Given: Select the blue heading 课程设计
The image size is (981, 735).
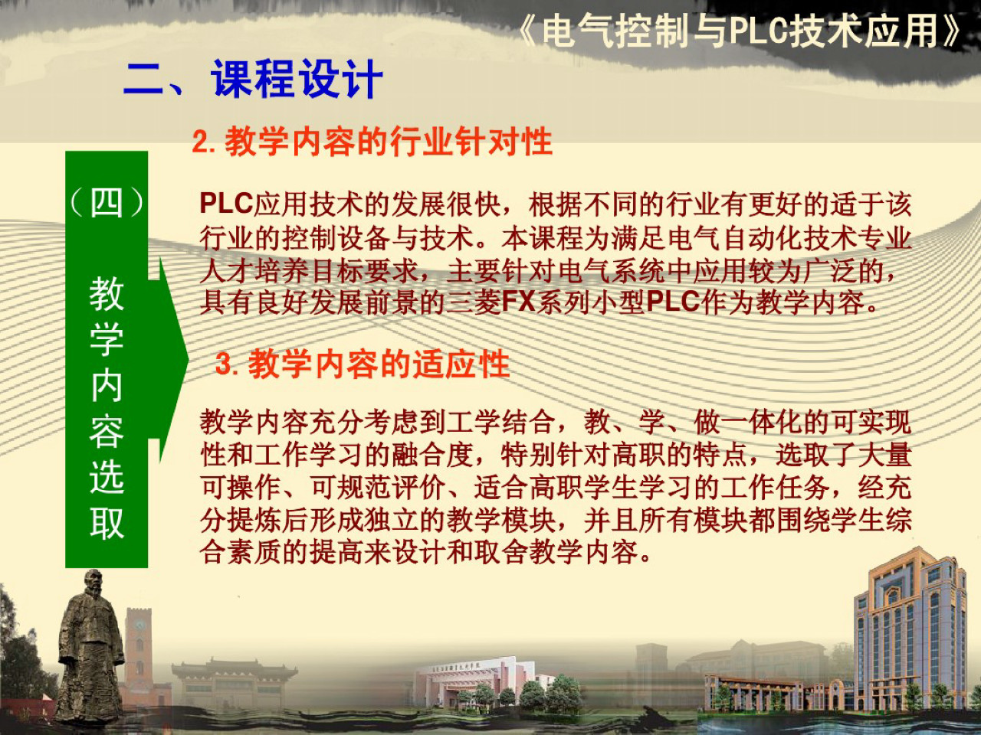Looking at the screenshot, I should point(297,79).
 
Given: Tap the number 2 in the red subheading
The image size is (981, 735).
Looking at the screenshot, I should point(201,142).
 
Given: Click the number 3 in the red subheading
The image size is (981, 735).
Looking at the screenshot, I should point(224,364).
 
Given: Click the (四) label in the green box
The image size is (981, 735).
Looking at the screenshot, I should point(107,203).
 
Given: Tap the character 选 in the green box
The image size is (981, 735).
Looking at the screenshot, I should point(107,477).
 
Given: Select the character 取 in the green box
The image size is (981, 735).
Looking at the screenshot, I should point(107,524).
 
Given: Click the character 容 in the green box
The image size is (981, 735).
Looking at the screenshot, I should point(107,432).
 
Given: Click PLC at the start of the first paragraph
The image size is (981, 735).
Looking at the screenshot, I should point(226,204).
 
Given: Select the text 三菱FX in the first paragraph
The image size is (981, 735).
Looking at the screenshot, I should point(490,302).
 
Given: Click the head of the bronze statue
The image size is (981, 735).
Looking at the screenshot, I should point(93,583).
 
